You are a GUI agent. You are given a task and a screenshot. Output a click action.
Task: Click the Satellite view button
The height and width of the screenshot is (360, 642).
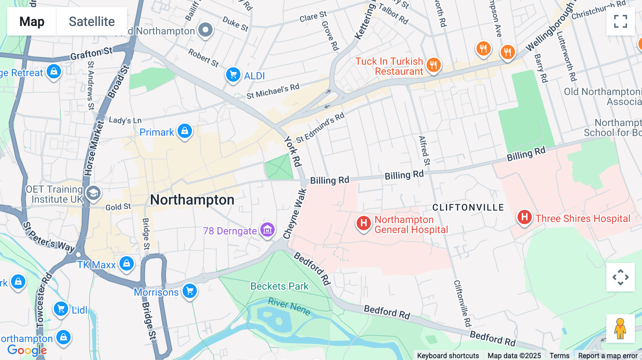pyautogui.click(x=92, y=21)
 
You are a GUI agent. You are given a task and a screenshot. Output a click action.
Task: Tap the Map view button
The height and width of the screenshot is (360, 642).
pyautogui.click(x=32, y=21)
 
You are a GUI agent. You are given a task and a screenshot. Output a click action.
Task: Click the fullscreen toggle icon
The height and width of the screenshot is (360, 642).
pyautogui.click(x=620, y=21)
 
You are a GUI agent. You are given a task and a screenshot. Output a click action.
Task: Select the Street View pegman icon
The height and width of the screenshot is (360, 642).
pyautogui.click(x=620, y=329)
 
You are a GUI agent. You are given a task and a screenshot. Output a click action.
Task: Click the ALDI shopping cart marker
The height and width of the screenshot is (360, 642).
pyautogui.click(x=233, y=75)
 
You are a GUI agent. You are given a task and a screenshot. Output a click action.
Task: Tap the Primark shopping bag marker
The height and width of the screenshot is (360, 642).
pyautogui.click(x=185, y=131)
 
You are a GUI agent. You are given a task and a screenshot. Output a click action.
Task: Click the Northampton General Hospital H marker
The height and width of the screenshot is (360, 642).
pyautogui.click(x=363, y=223)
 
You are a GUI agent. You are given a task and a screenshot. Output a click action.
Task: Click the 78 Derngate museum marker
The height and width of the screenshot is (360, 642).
pyautogui.click(x=267, y=230)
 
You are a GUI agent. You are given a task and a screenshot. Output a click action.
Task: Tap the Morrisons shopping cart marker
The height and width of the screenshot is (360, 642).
pyautogui.click(x=190, y=291)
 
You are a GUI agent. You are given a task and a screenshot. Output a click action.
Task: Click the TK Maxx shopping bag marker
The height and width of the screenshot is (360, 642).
pyautogui.click(x=127, y=264)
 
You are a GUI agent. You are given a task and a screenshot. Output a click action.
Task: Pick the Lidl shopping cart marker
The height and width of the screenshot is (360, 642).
pyautogui.click(x=61, y=309)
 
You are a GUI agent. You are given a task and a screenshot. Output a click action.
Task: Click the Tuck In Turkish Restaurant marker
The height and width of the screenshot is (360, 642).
pyautogui.click(x=433, y=65)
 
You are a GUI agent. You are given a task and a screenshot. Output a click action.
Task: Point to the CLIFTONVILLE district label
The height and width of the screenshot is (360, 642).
pyautogui.click(x=468, y=207)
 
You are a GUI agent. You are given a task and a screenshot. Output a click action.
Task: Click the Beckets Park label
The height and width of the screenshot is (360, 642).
pyautogui.click(x=279, y=286)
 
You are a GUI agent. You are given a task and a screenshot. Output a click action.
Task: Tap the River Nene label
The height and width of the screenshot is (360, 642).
pyautogui.click(x=289, y=307)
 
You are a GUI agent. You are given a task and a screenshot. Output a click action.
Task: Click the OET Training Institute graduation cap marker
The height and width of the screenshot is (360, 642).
pyautogui.click(x=93, y=193)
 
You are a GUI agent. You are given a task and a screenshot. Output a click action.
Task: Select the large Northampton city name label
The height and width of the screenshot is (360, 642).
pyautogui.click(x=192, y=200)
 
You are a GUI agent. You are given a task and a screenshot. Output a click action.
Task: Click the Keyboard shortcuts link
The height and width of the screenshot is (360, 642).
pyautogui.click(x=448, y=356)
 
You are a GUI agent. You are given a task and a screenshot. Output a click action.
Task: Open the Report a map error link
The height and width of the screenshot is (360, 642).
pyautogui.click(x=608, y=356)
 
